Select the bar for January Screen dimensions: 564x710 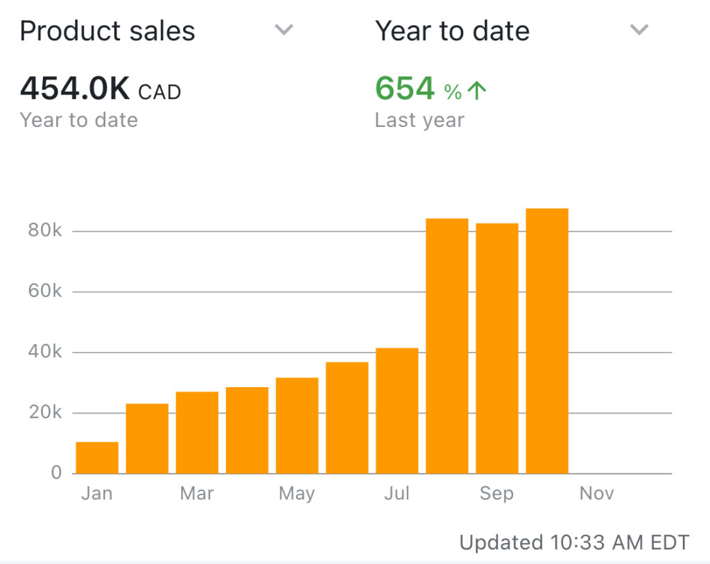[97, 457]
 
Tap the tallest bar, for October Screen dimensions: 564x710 [547, 341]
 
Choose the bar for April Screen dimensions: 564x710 [247, 430]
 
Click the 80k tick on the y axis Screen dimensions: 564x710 [45, 230]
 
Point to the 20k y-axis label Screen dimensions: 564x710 [45, 413]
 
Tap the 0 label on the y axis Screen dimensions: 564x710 [56, 473]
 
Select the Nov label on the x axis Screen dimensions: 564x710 [597, 494]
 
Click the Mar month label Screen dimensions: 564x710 [197, 494]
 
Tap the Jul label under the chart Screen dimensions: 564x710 [397, 494]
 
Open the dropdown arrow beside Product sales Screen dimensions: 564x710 [284, 30]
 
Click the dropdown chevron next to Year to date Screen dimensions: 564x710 [639, 30]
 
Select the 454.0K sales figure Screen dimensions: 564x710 [75, 89]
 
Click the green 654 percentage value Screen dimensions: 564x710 [405, 89]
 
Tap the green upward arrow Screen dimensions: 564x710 [477, 91]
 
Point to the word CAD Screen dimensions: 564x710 [159, 92]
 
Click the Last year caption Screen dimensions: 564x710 [419, 120]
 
